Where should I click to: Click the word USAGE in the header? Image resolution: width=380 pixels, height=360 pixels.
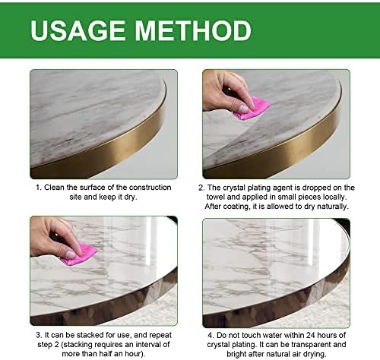tap(78, 30)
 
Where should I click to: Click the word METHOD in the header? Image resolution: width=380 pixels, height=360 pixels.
tap(193, 30)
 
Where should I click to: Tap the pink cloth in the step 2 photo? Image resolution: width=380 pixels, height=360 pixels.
tap(251, 109)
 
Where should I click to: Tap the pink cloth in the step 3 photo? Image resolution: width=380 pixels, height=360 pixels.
tap(79, 254)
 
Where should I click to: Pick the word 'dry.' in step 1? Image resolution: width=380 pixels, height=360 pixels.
tap(131, 197)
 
